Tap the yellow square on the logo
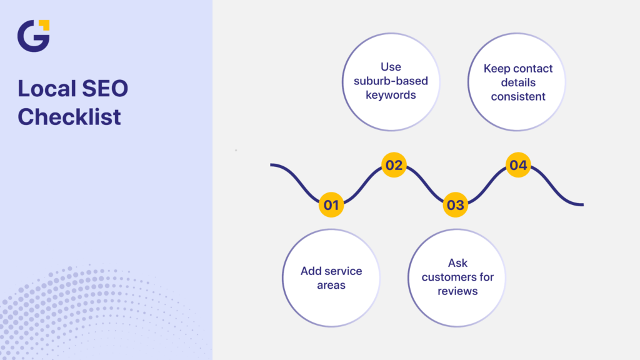pyautogui.click(x=43, y=25)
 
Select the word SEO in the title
pyautogui.click(x=104, y=89)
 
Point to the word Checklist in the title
pyautogui.click(x=69, y=116)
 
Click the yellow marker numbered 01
pyautogui.click(x=331, y=205)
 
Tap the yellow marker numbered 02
pyautogui.click(x=394, y=165)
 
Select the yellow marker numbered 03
pyautogui.click(x=456, y=205)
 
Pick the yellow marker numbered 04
pyautogui.click(x=518, y=165)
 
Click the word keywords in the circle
pyautogui.click(x=391, y=96)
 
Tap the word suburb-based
pyautogui.click(x=391, y=81)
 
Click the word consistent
pyautogui.click(x=518, y=97)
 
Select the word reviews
pyautogui.click(x=457, y=291)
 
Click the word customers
pyautogui.click(x=457, y=277)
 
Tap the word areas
pyautogui.click(x=331, y=285)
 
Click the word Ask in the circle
pyautogui.click(x=457, y=262)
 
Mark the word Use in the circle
pyautogui.click(x=391, y=67)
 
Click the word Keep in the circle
pyautogui.click(x=497, y=68)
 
